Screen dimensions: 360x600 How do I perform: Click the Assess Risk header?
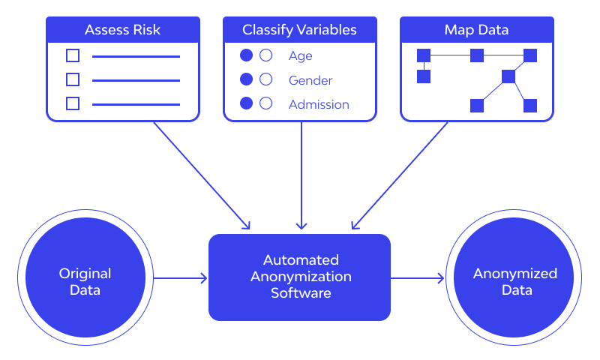(123, 30)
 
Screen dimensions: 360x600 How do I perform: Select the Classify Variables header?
(299, 30)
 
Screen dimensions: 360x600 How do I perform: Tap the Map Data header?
(477, 30)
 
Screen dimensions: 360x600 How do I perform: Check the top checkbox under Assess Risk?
(73, 55)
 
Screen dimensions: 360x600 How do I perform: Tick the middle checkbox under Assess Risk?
(73, 79)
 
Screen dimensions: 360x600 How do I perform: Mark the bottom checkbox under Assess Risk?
(73, 103)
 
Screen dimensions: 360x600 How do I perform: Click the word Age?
(300, 55)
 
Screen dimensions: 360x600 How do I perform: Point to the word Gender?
(310, 80)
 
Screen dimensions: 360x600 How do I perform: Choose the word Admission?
(319, 104)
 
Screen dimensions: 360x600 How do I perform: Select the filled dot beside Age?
(246, 55)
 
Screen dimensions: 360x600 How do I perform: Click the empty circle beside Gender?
(265, 79)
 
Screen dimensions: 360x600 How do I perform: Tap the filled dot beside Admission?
(246, 104)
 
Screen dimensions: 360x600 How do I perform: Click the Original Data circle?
(85, 281)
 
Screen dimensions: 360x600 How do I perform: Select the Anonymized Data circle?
(514, 281)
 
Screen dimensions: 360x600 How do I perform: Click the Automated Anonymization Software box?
(300, 277)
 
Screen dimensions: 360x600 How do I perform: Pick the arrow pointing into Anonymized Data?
(417, 278)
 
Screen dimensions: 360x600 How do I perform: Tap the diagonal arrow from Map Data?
(400, 174)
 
